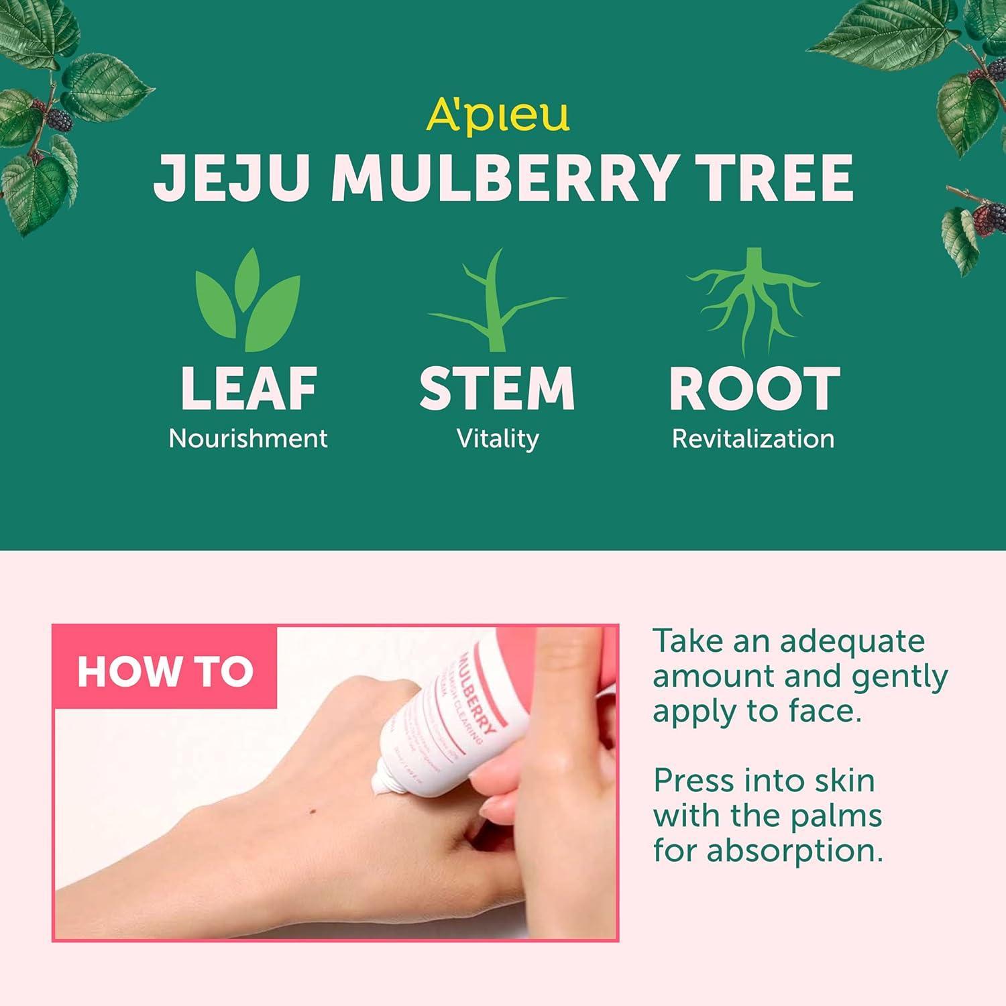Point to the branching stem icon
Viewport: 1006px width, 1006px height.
point(496,302)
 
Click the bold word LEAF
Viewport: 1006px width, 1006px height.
point(249,388)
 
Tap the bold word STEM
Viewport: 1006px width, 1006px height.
point(497,388)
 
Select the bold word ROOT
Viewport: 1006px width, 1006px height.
point(754,388)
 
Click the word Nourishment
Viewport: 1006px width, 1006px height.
point(248,439)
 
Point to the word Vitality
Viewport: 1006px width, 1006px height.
point(498,439)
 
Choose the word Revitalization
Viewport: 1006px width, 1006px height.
point(753,439)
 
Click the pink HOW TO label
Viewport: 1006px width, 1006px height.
point(165,671)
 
